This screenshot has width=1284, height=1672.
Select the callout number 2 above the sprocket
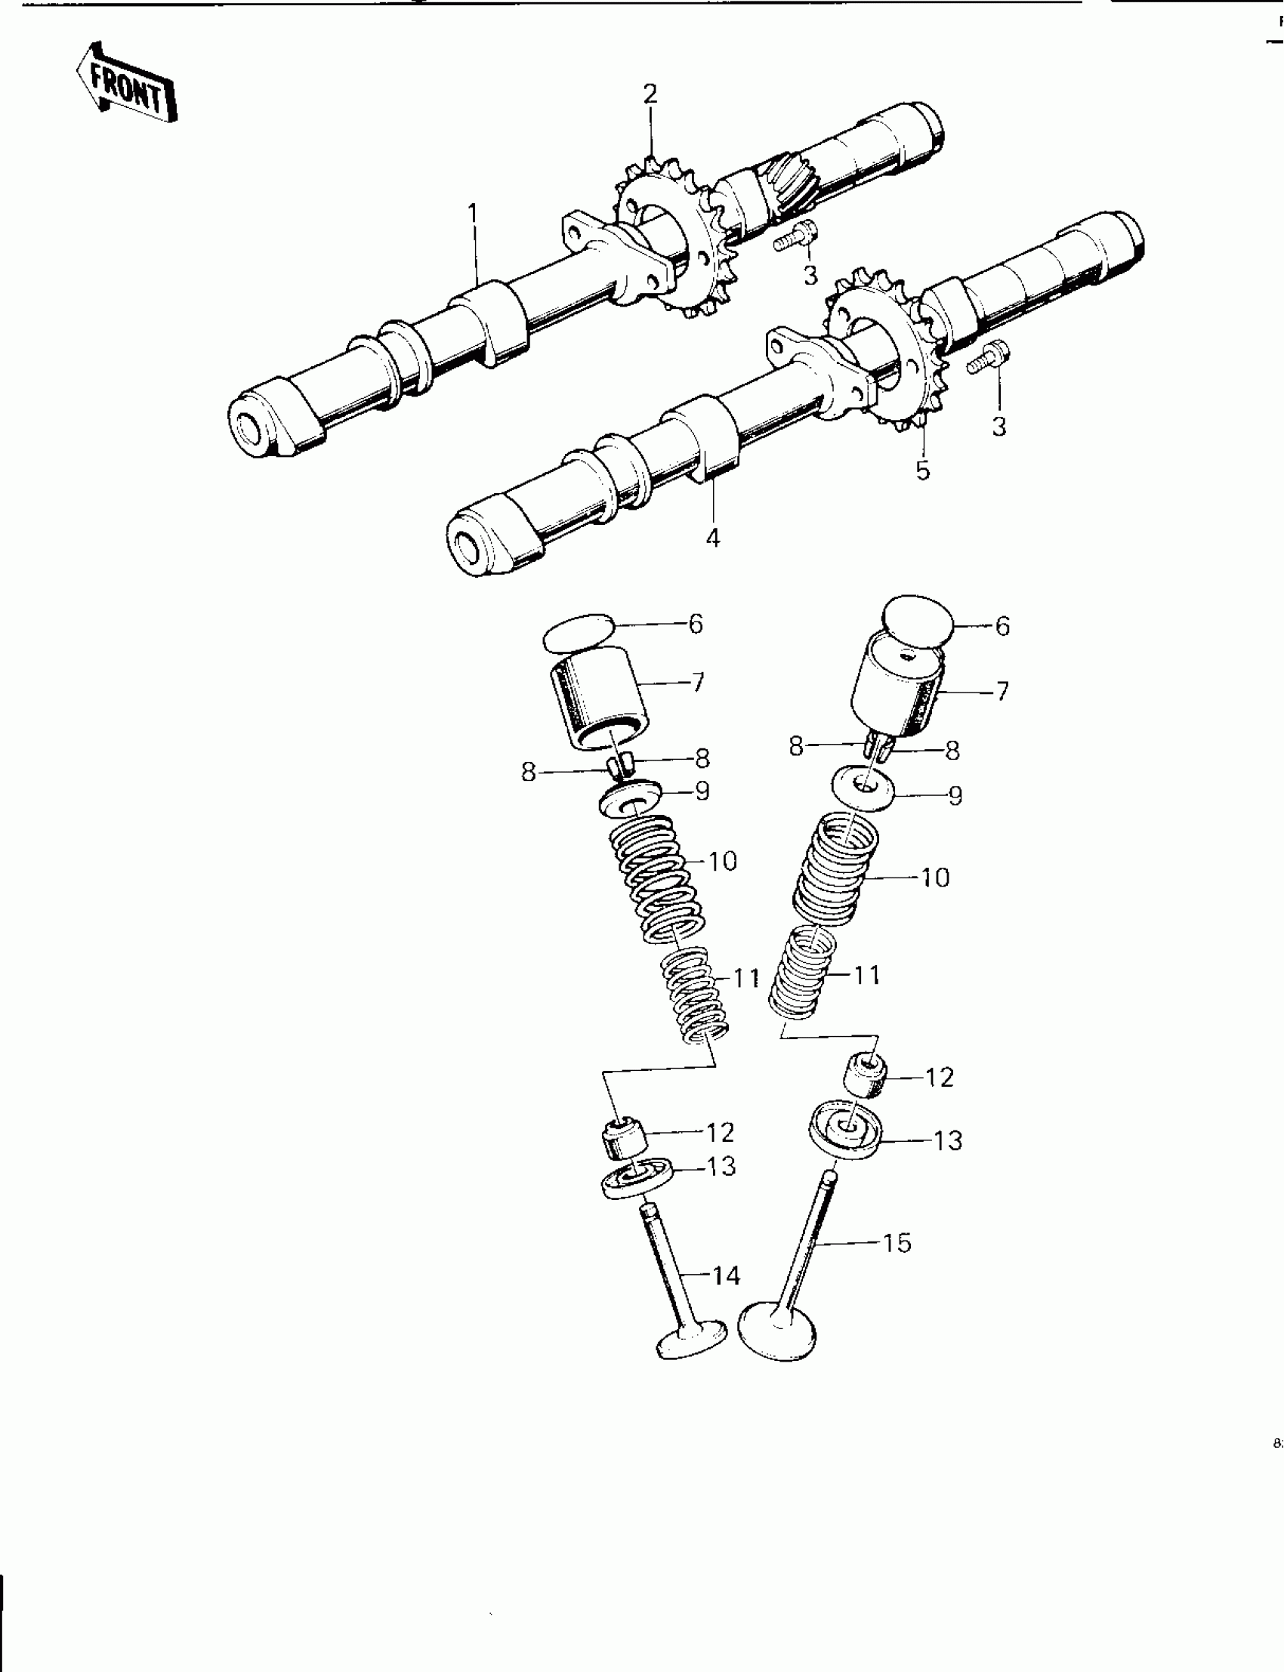650,94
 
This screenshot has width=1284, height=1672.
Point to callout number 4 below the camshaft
712,538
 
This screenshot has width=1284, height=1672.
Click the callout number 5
923,470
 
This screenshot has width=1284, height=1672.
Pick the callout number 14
726,1276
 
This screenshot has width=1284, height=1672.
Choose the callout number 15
897,1243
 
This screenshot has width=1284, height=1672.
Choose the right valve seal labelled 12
864,1075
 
